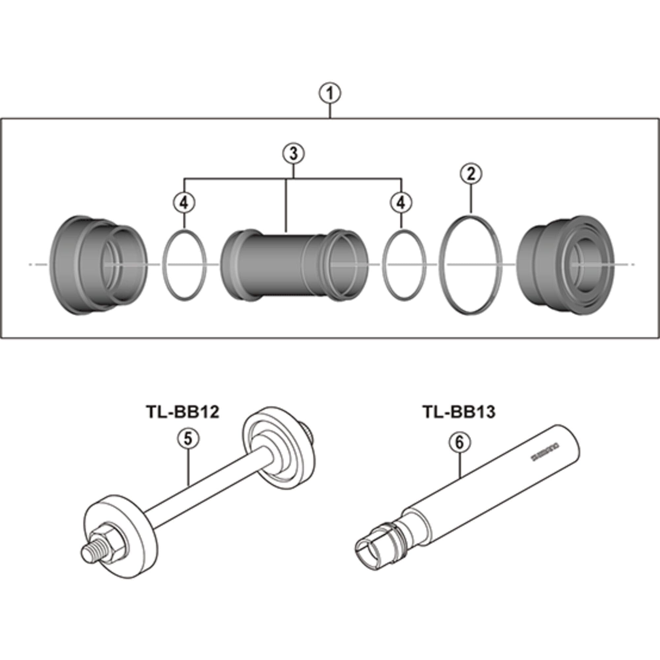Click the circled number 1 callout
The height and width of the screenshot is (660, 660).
[x=330, y=94]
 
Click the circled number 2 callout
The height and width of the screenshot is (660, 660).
[x=471, y=175]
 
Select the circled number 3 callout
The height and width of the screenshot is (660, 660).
[x=293, y=154]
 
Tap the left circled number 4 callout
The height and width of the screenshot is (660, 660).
[x=184, y=203]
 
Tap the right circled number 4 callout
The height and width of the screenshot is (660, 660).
[x=401, y=203]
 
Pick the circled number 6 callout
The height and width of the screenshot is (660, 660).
[x=459, y=443]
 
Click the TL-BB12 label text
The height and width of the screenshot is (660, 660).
[x=182, y=412]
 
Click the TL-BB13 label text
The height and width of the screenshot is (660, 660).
[x=459, y=412]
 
